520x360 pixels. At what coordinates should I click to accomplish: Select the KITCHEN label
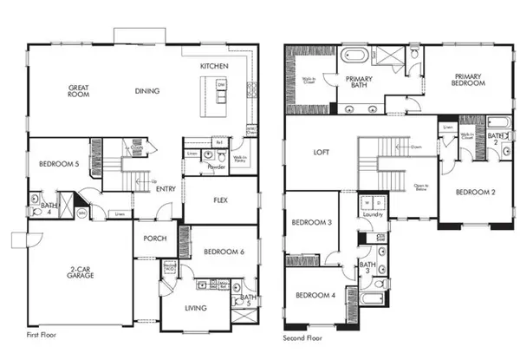pos(214,66)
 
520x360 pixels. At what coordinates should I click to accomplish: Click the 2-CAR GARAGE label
pos(80,272)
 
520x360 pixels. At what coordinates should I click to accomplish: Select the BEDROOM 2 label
pos(475,192)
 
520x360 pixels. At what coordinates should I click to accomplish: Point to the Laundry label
pos(374,214)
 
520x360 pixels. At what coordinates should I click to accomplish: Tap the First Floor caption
pos(42,334)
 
